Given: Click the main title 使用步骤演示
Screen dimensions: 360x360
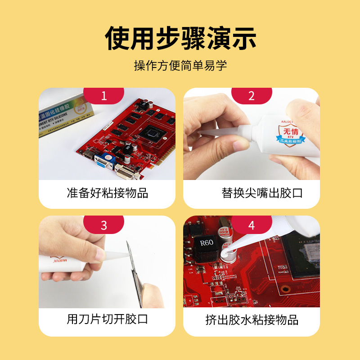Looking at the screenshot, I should point(180,38).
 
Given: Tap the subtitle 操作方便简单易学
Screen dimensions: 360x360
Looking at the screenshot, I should point(180,66).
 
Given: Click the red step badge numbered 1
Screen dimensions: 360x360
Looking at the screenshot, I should point(104,96).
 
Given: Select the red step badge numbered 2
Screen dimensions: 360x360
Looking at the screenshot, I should point(252,96).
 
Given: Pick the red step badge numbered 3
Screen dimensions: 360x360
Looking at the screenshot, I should point(104,225).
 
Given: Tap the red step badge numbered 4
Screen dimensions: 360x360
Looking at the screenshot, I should point(252,225).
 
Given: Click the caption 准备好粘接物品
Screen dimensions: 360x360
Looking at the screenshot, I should point(107,193).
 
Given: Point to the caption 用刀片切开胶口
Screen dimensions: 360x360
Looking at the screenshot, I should point(107,319).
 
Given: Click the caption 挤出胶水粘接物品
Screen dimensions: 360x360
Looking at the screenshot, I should point(252,320).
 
